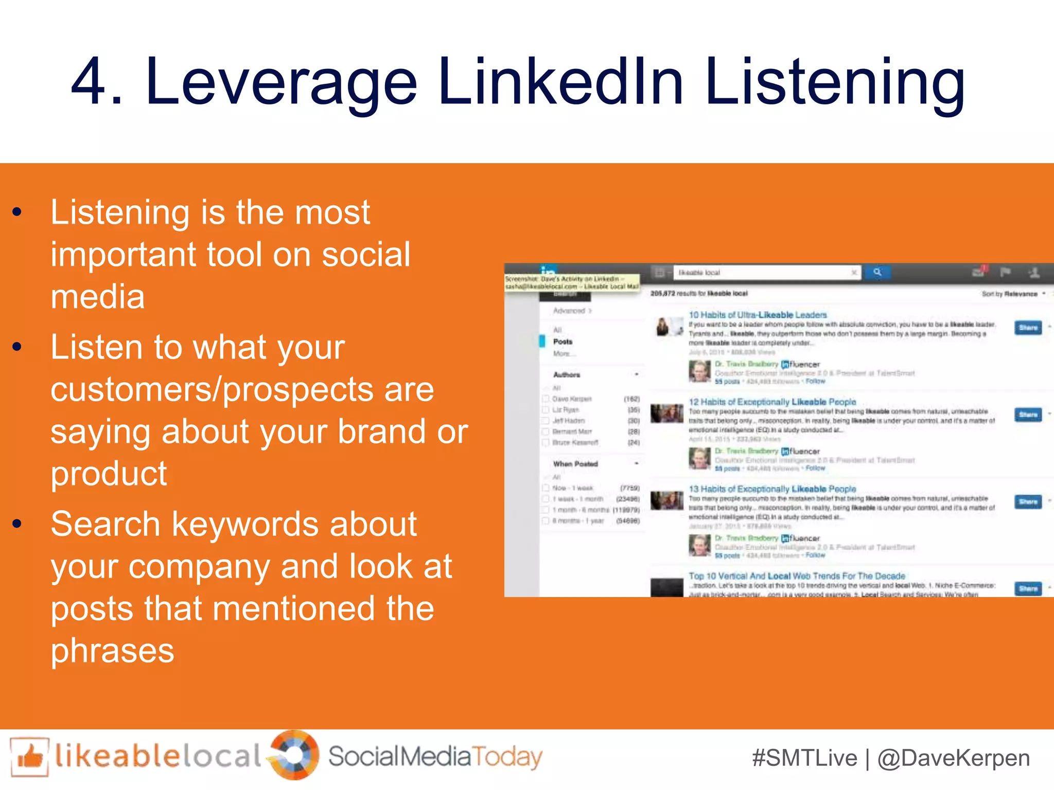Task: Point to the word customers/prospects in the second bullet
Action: pos(242,390)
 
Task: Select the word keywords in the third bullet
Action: pos(293,525)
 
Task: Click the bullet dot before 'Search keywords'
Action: pos(17,525)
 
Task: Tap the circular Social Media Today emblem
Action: pos(295,755)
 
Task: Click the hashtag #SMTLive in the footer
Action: pos(804,759)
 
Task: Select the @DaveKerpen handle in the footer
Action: pos(953,759)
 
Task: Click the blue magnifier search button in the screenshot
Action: pos(877,272)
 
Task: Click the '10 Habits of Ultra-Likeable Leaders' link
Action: pos(758,315)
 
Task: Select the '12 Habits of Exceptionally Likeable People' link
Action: pos(772,402)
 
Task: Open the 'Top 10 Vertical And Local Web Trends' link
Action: pos(797,576)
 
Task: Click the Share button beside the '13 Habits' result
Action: pos(1028,501)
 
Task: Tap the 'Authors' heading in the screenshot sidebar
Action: pos(567,374)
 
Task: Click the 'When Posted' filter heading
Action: pos(575,464)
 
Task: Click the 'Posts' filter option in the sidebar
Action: pos(563,342)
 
